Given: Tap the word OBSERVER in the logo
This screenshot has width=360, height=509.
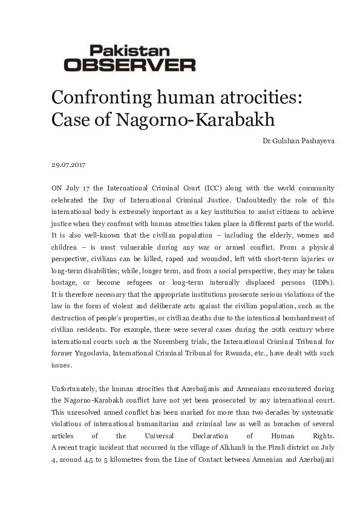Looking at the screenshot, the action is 129,64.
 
